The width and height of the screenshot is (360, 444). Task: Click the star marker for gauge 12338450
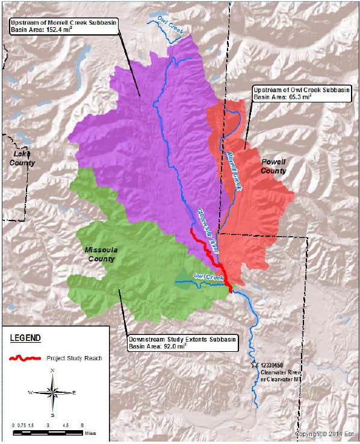click(x=254, y=364)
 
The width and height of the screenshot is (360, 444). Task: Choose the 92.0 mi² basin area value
click(x=169, y=347)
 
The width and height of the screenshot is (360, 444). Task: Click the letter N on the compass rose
click(x=53, y=370)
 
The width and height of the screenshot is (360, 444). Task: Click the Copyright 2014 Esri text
click(x=324, y=434)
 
